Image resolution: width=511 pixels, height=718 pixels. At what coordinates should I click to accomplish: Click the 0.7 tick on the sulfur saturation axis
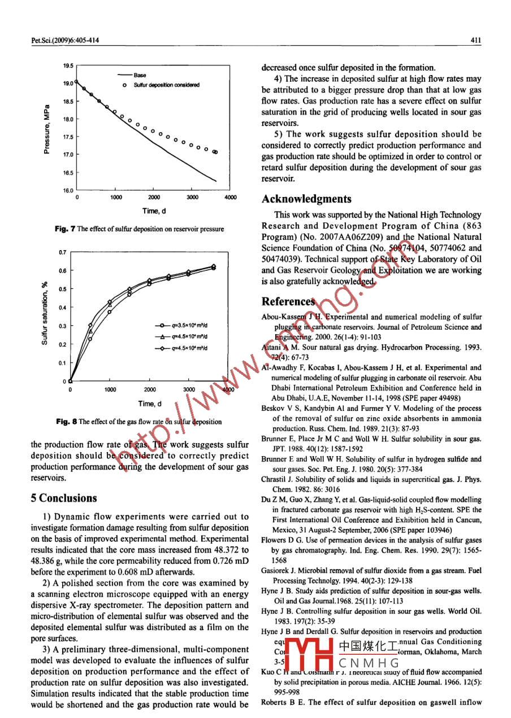[63, 252]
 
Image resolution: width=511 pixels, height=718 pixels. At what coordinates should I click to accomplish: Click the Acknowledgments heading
[306, 199]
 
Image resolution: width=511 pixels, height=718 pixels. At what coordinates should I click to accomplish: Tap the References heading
[287, 302]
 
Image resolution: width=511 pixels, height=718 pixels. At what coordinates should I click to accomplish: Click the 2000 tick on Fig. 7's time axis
[154, 198]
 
